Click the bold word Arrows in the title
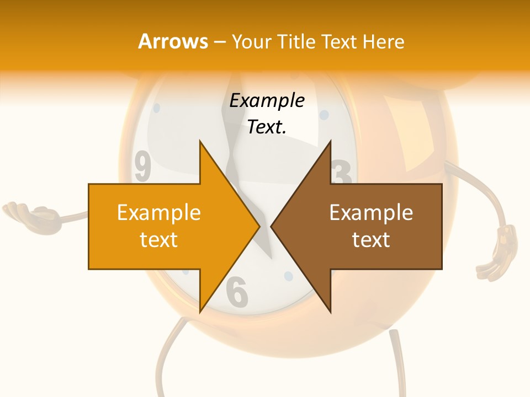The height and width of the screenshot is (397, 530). [173, 41]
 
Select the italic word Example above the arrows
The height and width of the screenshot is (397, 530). [267, 100]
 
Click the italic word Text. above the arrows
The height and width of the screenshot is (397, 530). [267, 127]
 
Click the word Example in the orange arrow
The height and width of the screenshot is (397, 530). [159, 212]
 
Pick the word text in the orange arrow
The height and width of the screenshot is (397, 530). [159, 240]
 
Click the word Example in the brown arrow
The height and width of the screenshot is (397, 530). [371, 212]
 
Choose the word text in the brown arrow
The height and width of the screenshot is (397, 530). [371, 240]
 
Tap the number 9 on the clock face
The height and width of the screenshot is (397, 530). [143, 168]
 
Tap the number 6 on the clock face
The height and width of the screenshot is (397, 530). [237, 292]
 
